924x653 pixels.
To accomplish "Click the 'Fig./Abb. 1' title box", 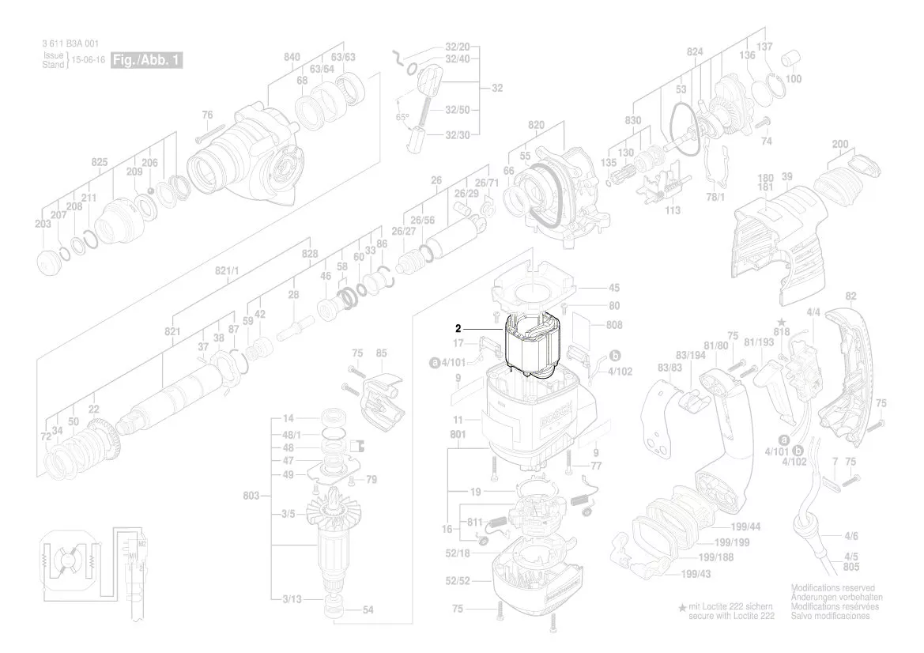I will [147, 60].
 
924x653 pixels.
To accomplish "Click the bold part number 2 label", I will [457, 328].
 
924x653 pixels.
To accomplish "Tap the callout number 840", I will [292, 56].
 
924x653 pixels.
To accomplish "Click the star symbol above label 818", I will [782, 323].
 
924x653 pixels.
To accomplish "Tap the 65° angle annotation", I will [403, 117].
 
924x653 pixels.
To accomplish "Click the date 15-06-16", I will [88, 60].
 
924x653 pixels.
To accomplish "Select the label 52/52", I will [458, 581].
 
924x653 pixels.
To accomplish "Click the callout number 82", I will [850, 296].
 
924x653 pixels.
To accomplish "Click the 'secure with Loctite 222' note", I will [731, 615].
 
